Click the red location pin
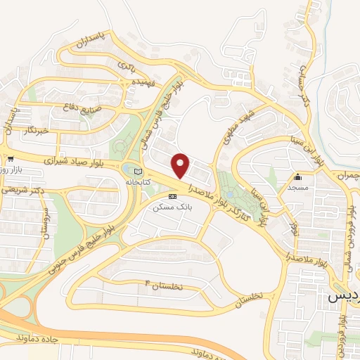181,165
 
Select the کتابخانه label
138,181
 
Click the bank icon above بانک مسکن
172,196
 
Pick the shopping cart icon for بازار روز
11,159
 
